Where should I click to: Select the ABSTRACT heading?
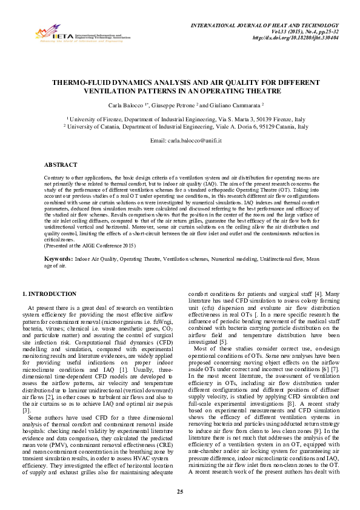61,165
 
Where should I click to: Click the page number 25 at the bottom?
180,490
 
